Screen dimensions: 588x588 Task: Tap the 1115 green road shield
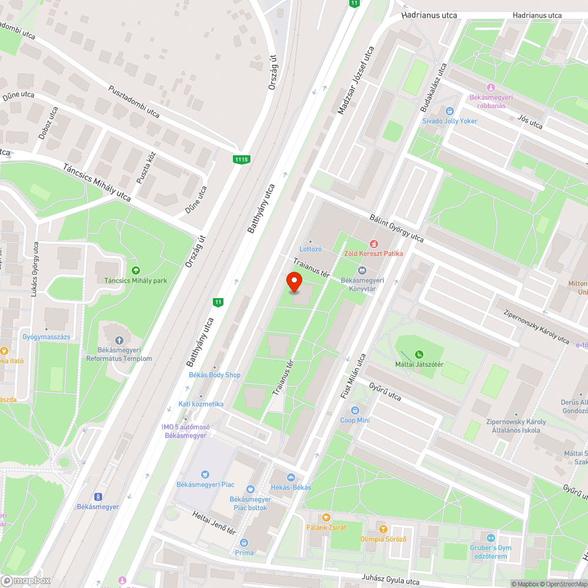point(241,159)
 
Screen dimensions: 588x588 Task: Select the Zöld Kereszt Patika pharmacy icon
point(373,243)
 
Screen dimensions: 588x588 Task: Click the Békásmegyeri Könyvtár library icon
point(362,270)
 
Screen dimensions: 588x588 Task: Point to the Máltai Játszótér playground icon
point(419,355)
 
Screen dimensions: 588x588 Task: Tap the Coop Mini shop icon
point(355,410)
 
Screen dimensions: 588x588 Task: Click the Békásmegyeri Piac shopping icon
point(205,474)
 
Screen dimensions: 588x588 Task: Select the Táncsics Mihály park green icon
point(136,270)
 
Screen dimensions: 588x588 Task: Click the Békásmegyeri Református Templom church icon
point(119,340)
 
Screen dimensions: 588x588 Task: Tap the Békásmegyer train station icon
point(98,497)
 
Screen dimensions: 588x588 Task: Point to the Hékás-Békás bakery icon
point(290,477)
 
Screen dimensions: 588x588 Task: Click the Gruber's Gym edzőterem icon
point(490,538)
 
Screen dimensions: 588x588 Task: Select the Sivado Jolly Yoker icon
point(450,111)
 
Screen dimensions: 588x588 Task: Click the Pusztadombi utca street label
point(134,101)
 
